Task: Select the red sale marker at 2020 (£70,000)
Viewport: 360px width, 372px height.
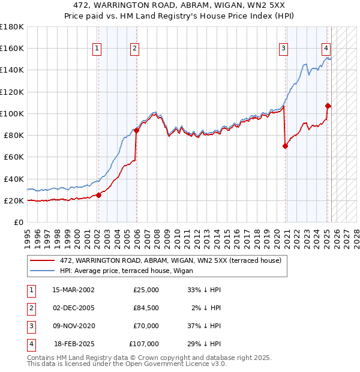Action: coord(285,146)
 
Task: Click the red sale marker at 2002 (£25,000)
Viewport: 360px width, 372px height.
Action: coord(99,194)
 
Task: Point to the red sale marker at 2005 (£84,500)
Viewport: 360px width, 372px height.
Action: coord(136,130)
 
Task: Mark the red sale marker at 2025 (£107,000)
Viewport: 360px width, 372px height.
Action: coord(328,106)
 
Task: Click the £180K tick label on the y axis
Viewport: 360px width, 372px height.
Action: coord(12,27)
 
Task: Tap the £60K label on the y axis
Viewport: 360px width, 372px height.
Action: coord(14,157)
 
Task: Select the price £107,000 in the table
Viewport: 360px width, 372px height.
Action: coord(144,344)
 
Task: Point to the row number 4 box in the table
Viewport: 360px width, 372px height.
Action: coord(30,344)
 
